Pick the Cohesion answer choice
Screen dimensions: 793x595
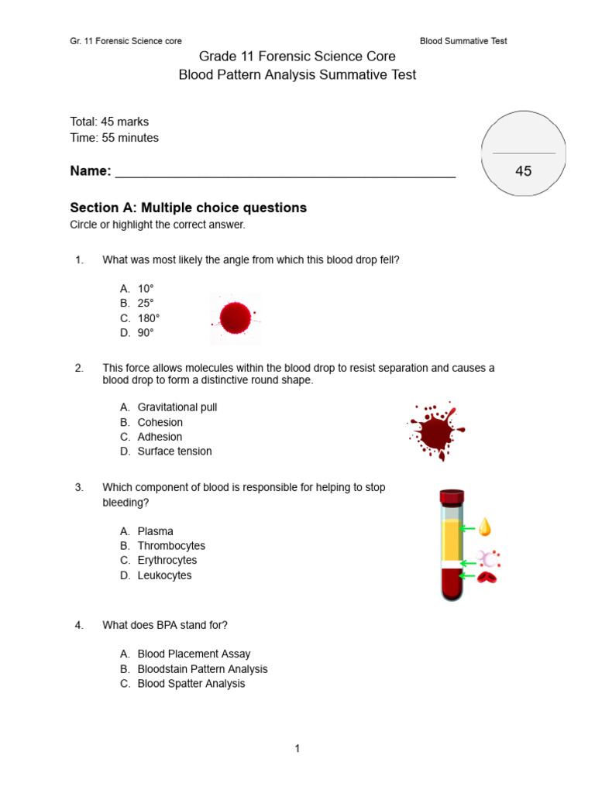tap(160, 422)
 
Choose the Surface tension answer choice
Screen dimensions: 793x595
tap(174, 451)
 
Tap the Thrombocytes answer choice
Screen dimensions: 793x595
tap(171, 546)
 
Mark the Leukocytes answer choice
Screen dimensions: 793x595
tap(164, 575)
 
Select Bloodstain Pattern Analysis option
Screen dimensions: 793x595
tap(202, 669)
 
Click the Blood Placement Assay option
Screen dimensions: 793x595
tap(194, 654)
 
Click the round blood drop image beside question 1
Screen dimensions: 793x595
tap(235, 318)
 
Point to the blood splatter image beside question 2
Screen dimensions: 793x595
tap(436, 431)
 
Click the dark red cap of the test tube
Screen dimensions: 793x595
tap(452, 495)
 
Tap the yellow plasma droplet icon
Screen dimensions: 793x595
tap(485, 527)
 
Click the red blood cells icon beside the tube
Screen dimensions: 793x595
tap(487, 577)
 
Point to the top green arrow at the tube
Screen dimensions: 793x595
tap(467, 529)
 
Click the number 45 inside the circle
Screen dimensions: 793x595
tap(524, 171)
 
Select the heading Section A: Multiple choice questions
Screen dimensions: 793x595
tap(188, 208)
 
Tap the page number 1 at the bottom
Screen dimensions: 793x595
tap(297, 748)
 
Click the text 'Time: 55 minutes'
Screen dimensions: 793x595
tap(114, 138)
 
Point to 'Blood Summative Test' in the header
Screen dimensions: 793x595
tap(463, 41)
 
